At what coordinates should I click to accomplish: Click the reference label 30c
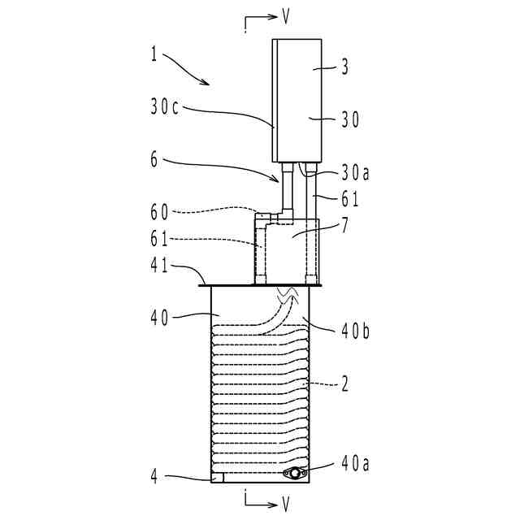[165, 106]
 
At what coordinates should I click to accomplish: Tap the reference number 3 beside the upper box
[344, 69]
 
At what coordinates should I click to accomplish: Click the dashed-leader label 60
[159, 212]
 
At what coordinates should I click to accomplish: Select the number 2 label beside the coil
[344, 384]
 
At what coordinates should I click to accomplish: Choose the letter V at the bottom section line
[285, 505]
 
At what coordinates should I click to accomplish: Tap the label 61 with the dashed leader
[159, 239]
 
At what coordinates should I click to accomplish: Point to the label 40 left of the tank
[159, 317]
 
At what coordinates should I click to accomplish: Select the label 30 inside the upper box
[349, 119]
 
